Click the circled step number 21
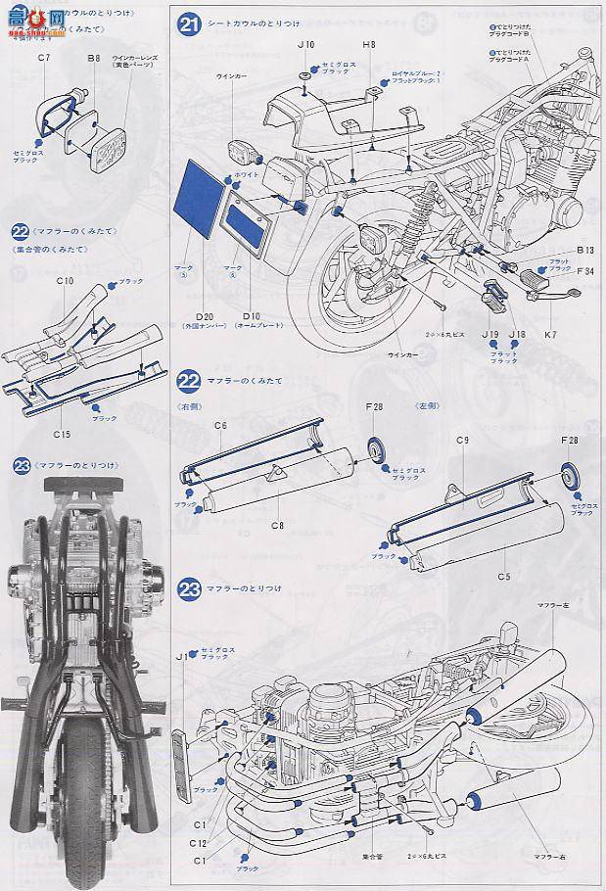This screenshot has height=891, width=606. pos(189,23)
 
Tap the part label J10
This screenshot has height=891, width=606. pos(305,45)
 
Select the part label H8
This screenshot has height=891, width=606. pos(369,45)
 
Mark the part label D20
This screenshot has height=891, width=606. pos(205,316)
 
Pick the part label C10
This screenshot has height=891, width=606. pos(66,281)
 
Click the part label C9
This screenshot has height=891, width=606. pos(463,441)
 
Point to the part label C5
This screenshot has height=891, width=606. pos(504,576)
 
